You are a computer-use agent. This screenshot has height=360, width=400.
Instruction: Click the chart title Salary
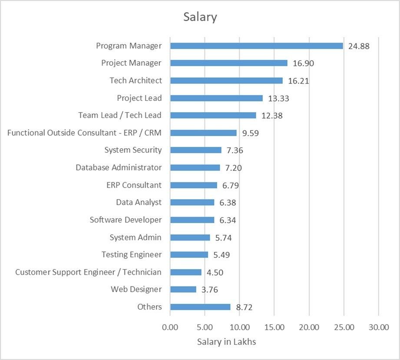point(200,17)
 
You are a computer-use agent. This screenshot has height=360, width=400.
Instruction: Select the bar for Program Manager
point(256,46)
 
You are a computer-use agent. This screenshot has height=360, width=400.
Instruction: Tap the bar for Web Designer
point(183,290)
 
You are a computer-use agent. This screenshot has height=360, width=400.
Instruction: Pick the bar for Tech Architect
point(226,80)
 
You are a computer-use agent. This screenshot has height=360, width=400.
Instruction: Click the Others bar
point(200,307)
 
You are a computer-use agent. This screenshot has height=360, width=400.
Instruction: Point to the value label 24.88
point(359,46)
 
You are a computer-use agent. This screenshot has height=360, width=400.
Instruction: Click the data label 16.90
point(303,63)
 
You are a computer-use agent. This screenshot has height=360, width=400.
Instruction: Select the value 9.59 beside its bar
point(251,133)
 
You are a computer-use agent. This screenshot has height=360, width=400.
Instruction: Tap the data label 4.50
point(215,273)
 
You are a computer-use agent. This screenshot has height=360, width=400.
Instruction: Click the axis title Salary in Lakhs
point(226,342)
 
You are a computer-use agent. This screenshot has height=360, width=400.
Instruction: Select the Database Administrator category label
point(119,167)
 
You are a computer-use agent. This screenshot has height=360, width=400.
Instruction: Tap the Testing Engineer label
point(132,254)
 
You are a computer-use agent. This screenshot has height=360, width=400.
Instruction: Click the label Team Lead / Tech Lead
point(120,115)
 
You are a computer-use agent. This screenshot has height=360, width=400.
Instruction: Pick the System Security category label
point(133,150)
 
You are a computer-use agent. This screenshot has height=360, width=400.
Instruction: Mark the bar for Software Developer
point(192,220)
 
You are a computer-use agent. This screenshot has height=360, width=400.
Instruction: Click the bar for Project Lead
point(216,98)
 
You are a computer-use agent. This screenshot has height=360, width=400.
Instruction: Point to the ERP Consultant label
point(134,185)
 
